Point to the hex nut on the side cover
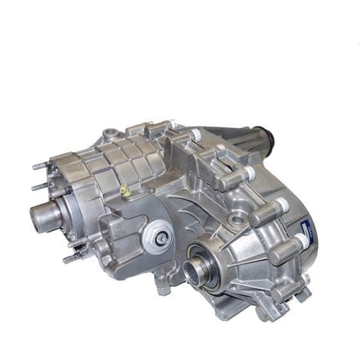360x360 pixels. pyautogui.click(x=161, y=237)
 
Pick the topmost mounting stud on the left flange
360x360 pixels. pyautogui.click(x=40, y=166)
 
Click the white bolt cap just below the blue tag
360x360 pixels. pyautogui.click(x=300, y=242)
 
